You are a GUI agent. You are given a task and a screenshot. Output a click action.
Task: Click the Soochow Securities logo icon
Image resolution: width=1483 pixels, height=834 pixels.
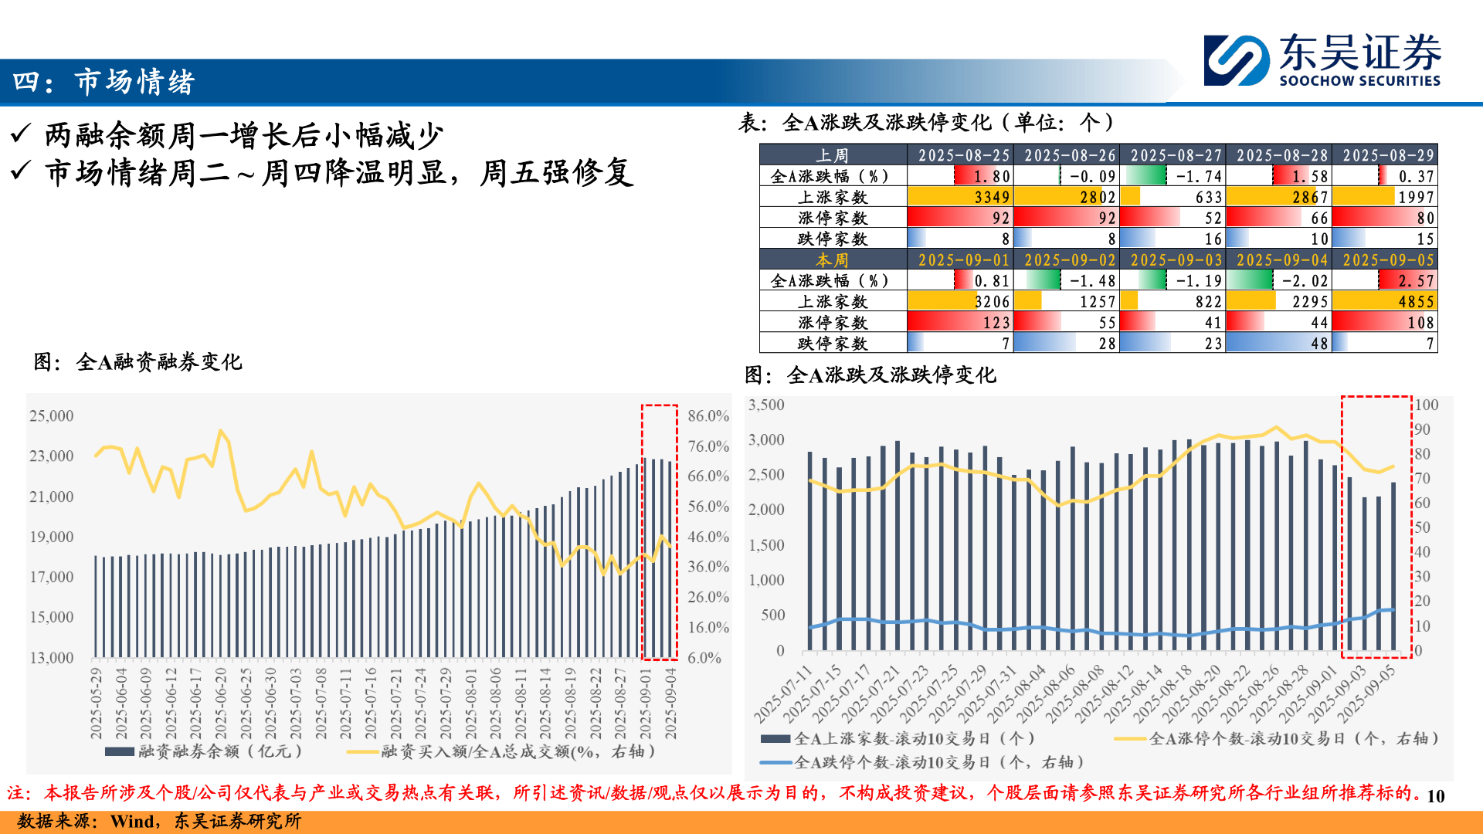pyautogui.click(x=1236, y=60)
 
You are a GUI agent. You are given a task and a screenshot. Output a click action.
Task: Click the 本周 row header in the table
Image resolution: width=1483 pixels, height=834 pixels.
pyautogui.click(x=833, y=260)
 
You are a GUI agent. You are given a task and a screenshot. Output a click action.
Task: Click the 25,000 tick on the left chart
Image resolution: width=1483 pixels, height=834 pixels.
pyautogui.click(x=51, y=416)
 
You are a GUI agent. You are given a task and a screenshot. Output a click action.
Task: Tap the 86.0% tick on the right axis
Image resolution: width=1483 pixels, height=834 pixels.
pyautogui.click(x=708, y=416)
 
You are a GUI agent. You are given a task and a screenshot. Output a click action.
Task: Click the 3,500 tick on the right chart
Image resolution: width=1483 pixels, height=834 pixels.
pyautogui.click(x=766, y=405)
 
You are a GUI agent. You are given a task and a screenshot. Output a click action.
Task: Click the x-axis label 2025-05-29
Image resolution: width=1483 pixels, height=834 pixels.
pyautogui.click(x=97, y=703)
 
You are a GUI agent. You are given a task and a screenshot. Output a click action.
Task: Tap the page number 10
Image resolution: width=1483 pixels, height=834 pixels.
pyautogui.click(x=1435, y=796)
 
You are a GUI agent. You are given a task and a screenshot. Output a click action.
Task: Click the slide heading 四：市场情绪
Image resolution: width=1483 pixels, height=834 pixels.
pyautogui.click(x=104, y=82)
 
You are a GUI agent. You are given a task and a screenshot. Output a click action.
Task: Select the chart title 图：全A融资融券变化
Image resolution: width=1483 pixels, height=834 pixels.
pyautogui.click(x=138, y=362)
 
